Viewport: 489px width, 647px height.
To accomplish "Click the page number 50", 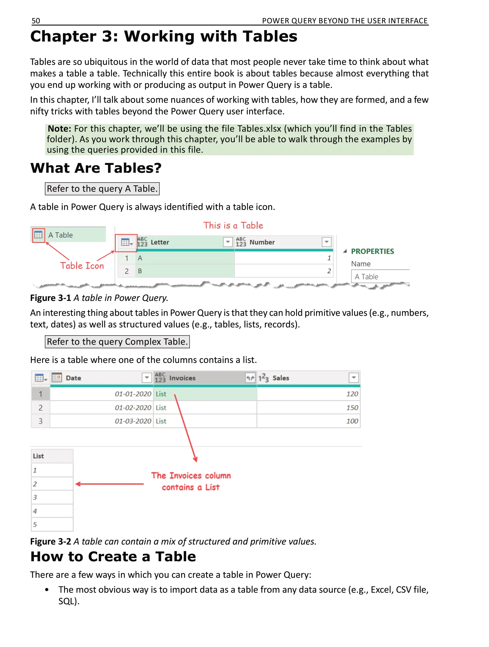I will pos(36,21).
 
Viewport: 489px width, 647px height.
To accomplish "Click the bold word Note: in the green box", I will pos(59,129).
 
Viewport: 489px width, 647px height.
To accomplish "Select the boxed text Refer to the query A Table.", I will pos(102,189).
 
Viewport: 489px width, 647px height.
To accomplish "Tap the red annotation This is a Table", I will pos(233,225).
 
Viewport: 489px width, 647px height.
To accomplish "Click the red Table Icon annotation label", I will pos(82,266).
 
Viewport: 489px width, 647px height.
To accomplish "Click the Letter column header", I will pos(160,242).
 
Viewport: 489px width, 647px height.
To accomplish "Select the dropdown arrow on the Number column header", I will pos(326,242).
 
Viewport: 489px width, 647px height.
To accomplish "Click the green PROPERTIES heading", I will pos(372,251).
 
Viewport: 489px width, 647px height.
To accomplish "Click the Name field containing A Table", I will pos(380,277).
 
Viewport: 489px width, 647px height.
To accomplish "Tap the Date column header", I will pos(73,378).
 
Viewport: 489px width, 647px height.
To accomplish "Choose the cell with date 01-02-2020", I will pos(133,408).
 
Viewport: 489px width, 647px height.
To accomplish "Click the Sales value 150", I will pos(352,408).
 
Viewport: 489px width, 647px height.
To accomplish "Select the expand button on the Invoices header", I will pos(250,378).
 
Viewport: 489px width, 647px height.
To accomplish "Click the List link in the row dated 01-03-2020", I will pos(161,421).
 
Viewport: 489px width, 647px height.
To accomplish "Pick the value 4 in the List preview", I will pos(35,511).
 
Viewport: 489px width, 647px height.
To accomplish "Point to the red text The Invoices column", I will pos(191,475).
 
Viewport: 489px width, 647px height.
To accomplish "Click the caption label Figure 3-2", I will pos(51,542).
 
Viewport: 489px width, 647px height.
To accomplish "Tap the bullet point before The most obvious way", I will pos(47,590).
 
